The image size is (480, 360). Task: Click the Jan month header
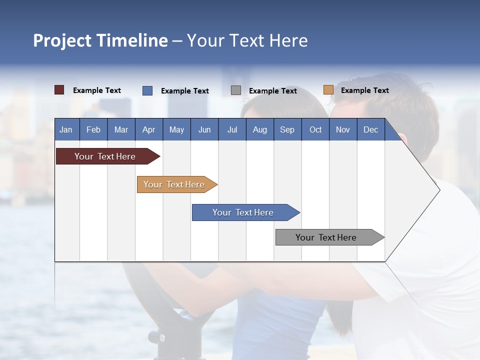click(66, 129)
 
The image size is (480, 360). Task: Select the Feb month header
click(93, 129)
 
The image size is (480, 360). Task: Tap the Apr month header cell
click(149, 129)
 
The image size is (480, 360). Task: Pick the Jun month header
click(204, 129)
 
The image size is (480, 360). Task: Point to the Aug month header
click(260, 129)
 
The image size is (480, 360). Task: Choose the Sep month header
click(287, 129)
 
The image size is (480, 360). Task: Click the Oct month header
click(315, 129)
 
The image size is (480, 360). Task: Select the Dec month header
click(371, 129)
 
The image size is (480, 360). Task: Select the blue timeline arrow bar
click(243, 212)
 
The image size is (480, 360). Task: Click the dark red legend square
click(59, 90)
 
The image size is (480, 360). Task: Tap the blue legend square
click(147, 90)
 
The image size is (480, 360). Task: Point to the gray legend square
click(235, 90)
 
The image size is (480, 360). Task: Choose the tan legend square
click(328, 90)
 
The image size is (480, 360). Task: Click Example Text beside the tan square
click(364, 90)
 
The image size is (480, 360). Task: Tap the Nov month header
click(343, 129)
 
